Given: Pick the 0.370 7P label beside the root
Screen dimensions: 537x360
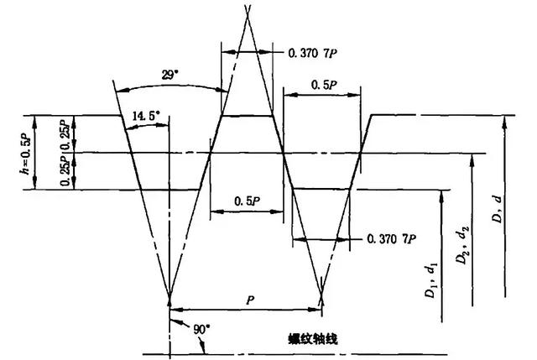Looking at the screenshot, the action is (x=392, y=239).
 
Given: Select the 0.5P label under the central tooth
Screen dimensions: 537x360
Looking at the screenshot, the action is (x=246, y=201).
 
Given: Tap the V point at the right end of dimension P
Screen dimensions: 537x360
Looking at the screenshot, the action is (x=323, y=296).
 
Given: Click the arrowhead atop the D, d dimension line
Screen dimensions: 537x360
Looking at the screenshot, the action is (x=505, y=120).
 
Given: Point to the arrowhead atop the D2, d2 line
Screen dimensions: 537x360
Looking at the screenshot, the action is (x=473, y=158).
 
